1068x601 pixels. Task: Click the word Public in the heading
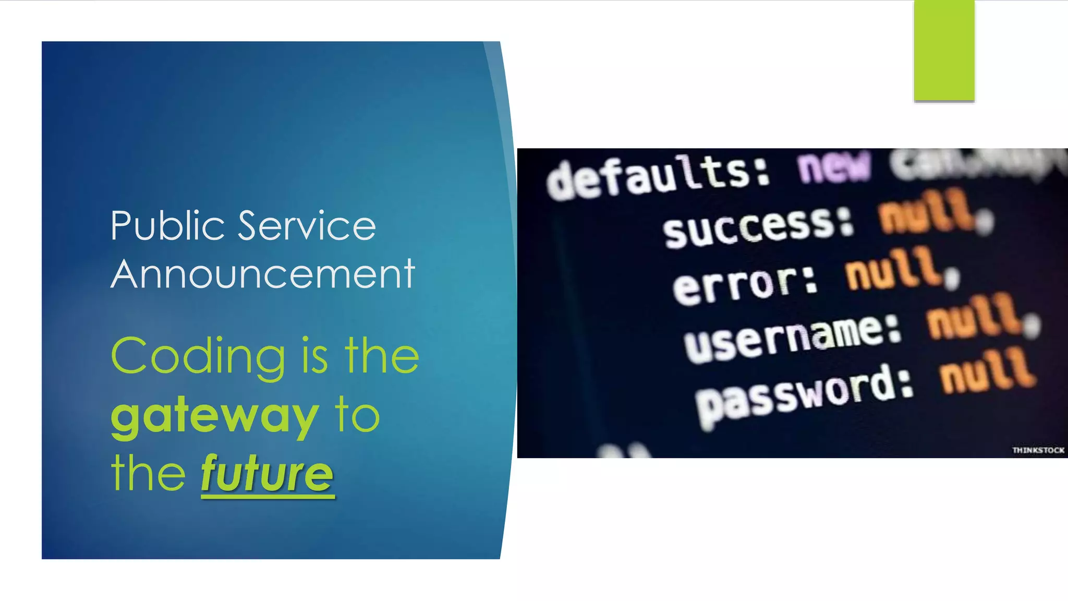pos(167,226)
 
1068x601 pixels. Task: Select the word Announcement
pos(263,274)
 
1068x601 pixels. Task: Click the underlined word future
pos(267,474)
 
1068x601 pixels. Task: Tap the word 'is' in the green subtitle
pos(314,357)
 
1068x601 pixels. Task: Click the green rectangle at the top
pos(944,50)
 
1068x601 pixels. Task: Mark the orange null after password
pos(987,371)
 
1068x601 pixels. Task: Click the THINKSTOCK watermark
pos(1038,450)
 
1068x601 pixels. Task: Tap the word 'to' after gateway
pos(357,416)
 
